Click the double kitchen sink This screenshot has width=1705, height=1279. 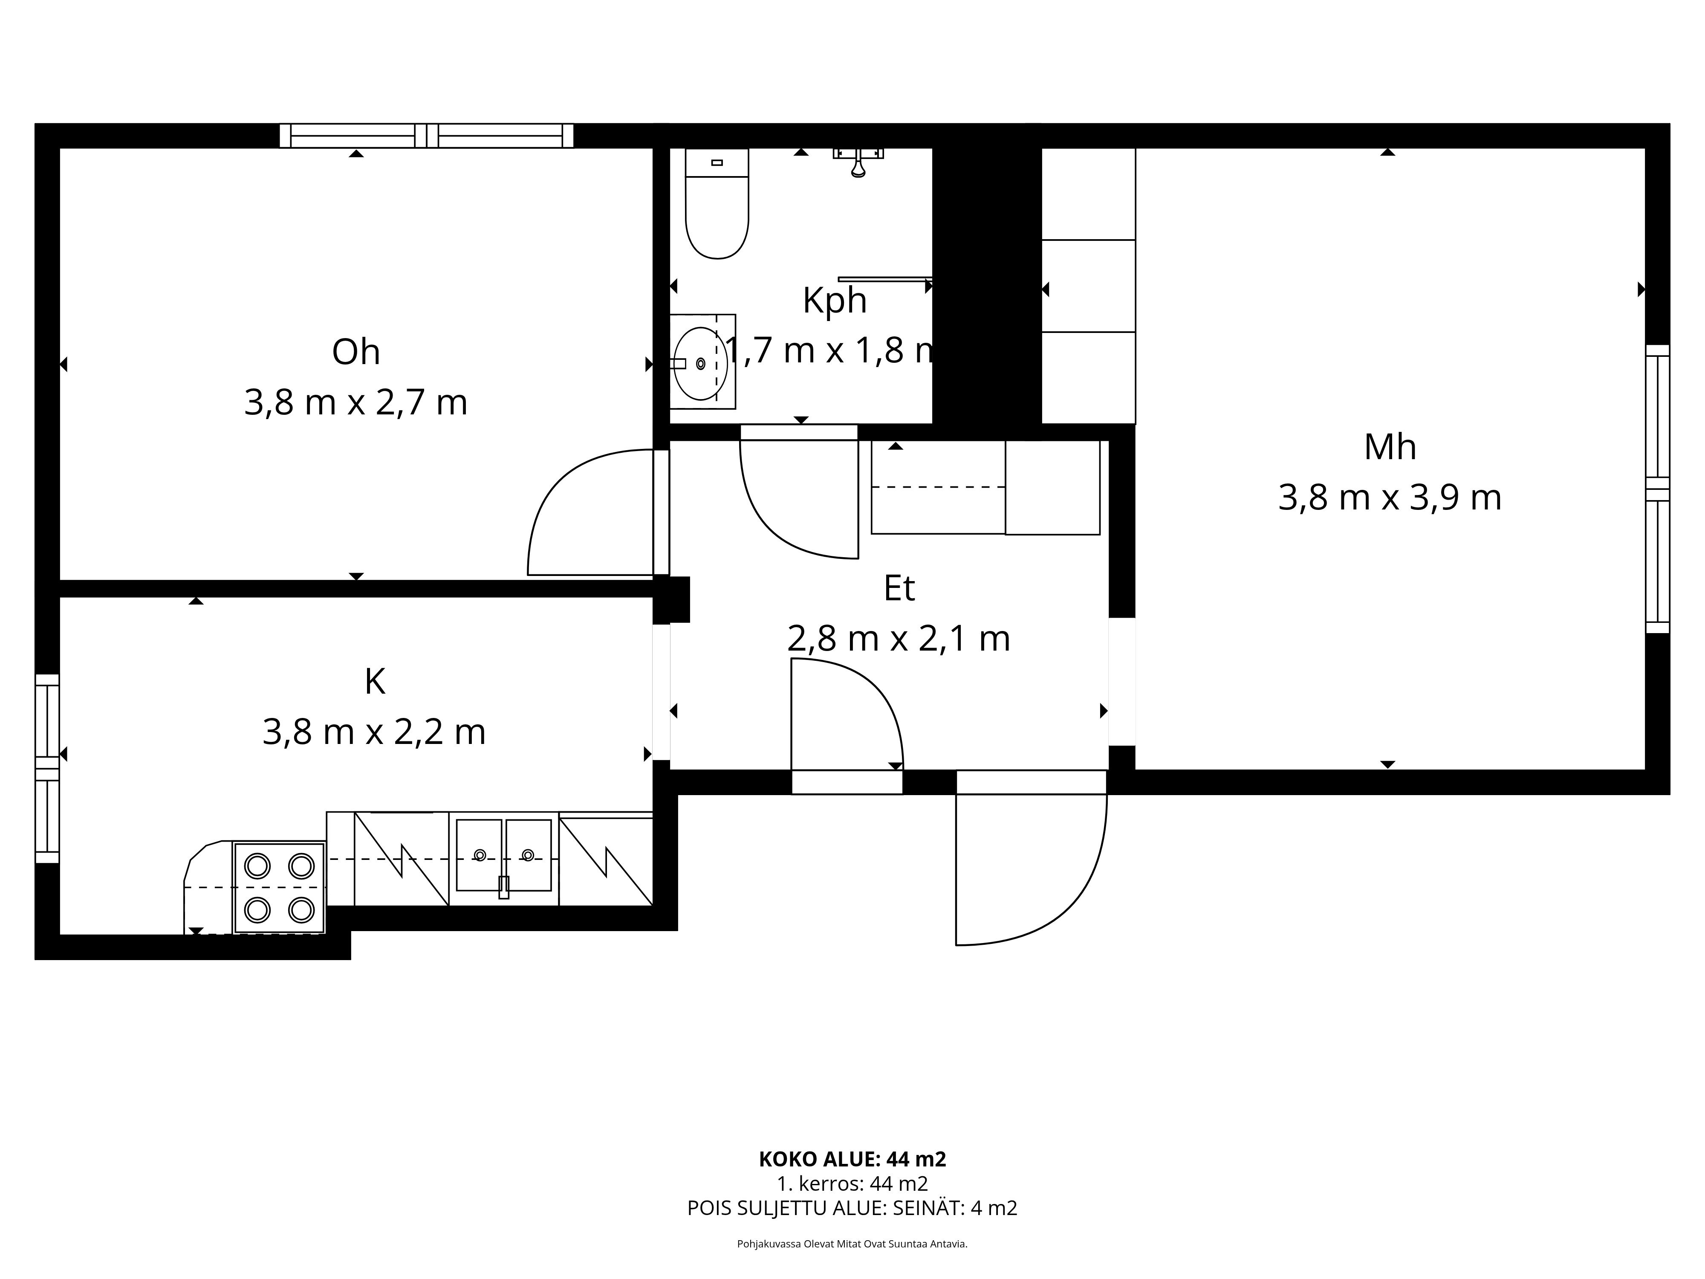pos(503,856)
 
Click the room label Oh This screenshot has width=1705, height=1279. pos(356,352)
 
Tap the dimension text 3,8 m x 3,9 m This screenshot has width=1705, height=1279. pos(1390,498)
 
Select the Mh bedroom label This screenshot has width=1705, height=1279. pos(1390,447)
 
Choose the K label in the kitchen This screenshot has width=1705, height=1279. pos(375,682)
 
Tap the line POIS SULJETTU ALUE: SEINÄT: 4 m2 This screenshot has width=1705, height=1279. pos(852,1208)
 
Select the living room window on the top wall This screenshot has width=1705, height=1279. pos(426,136)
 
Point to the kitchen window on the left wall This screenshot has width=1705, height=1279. pos(47,769)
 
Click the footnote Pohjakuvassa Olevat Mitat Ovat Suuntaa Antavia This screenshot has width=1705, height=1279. pos(852,1244)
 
